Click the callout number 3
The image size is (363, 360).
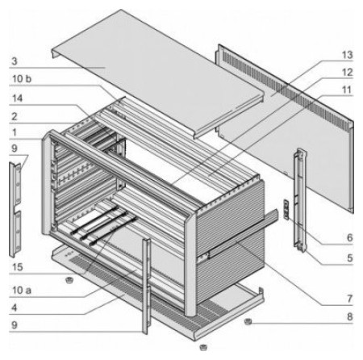tap(15, 61)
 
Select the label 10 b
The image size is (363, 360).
tap(22, 79)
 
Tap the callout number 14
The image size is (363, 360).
tap(17, 98)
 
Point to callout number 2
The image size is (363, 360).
tap(15, 116)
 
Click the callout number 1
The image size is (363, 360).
tap(15, 132)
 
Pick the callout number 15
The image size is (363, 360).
tap(17, 267)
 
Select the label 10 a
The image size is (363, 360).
tap(22, 290)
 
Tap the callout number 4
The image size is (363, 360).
tap(15, 308)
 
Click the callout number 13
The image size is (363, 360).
tap(347, 55)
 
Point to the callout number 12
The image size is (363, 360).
tap(347, 72)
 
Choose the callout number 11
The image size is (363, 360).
tap(347, 90)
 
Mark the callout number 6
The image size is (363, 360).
tap(349, 237)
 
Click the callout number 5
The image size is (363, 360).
tap(349, 257)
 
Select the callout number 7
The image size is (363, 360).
tap(349, 299)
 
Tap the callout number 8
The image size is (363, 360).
tap(349, 316)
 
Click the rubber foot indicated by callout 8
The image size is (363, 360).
tap(248, 321)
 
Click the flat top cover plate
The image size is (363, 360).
tap(158, 73)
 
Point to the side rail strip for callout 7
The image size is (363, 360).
tap(244, 233)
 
